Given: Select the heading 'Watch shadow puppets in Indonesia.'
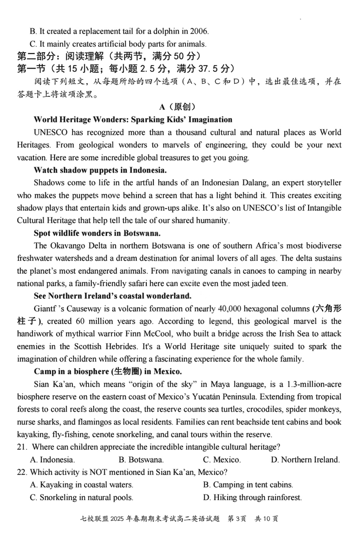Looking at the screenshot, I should coord(100,170).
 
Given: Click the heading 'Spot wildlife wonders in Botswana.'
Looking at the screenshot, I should coord(97,233).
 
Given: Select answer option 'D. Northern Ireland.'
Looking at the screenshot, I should coord(306,460).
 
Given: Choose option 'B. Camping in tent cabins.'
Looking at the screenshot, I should coord(248,485).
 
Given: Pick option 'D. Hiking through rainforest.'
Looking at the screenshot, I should coord(252,498).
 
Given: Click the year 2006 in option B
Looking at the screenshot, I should coord(198,31).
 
